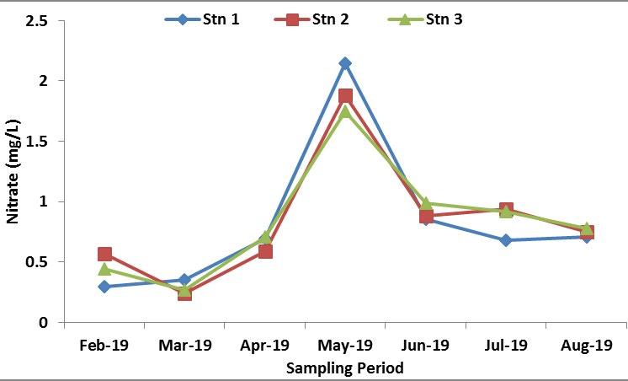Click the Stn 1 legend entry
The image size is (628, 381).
(203, 19)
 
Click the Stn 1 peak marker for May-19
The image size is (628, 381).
(345, 63)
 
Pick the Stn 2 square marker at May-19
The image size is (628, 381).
(345, 96)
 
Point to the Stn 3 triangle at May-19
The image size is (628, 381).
(345, 111)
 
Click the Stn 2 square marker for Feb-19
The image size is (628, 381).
(104, 254)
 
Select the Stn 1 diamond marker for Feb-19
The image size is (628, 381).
(104, 287)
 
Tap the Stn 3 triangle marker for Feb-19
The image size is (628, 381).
(104, 269)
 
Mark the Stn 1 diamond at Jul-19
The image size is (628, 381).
(506, 240)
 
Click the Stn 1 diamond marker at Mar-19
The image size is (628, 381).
(184, 280)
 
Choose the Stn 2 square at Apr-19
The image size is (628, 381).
(265, 251)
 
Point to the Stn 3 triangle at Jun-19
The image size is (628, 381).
(426, 203)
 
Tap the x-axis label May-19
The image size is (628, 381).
(345, 346)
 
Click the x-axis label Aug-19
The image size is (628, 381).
(586, 346)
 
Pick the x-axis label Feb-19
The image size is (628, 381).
(104, 346)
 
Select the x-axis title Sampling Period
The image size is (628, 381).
(345, 368)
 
